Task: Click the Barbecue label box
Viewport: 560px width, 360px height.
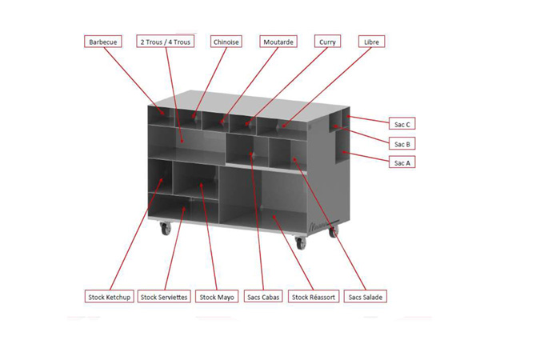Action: pos(103,42)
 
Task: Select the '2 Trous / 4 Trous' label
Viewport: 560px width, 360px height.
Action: pos(166,42)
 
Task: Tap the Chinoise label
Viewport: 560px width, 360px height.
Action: pos(226,42)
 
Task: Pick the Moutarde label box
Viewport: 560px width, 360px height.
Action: pos(278,42)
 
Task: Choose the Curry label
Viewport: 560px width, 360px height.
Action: pos(327,42)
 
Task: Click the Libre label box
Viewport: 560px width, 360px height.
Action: pos(371,42)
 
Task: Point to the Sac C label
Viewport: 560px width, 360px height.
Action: pos(402,124)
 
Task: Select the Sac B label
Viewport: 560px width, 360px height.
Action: pos(402,143)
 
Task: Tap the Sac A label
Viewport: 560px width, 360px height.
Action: pos(402,162)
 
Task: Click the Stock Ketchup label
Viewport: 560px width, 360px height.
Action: pos(110,297)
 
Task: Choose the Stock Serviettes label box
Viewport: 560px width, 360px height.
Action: pos(164,297)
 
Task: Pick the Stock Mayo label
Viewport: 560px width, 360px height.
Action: pos(217,297)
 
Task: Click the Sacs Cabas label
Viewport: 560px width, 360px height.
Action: pos(263,297)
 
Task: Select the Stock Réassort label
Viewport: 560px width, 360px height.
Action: pos(314,297)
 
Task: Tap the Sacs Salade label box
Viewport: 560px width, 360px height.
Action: pos(366,297)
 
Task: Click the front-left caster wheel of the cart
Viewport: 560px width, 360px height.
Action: pos(166,228)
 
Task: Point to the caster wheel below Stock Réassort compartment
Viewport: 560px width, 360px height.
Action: pos(301,243)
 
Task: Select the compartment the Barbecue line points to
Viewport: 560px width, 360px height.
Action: pos(161,116)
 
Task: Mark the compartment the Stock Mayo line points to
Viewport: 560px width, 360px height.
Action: pos(195,180)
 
